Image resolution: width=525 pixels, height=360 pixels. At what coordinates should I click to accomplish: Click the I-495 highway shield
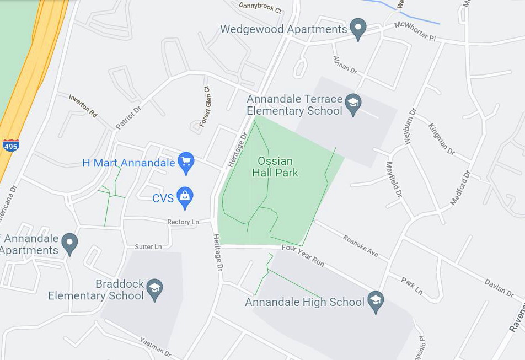click(10, 145)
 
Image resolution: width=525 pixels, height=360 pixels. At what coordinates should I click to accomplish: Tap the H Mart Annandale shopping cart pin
click(186, 163)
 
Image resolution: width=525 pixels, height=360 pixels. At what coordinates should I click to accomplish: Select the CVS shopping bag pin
click(185, 197)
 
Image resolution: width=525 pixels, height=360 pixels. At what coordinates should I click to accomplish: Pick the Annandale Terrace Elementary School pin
click(352, 104)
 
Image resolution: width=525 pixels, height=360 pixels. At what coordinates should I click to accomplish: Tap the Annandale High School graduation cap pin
click(376, 302)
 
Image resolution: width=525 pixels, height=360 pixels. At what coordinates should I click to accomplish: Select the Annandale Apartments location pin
click(69, 243)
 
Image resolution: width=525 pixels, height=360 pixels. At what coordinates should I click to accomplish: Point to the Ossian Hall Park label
click(275, 167)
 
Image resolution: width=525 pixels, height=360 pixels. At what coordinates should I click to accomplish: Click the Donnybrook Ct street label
click(260, 8)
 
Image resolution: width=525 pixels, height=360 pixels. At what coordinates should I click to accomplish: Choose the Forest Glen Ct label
click(205, 106)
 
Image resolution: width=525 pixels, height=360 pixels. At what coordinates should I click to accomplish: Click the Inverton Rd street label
click(83, 105)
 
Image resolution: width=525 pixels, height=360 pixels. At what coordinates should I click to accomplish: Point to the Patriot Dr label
click(128, 117)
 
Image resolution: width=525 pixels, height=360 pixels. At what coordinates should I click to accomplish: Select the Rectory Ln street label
click(183, 222)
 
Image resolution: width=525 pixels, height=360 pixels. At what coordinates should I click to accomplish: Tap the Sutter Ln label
click(148, 246)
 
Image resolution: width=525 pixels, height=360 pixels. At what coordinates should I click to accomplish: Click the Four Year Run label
click(303, 255)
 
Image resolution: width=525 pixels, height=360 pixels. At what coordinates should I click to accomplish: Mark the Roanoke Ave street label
click(360, 246)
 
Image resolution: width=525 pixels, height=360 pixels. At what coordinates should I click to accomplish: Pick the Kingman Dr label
click(441, 138)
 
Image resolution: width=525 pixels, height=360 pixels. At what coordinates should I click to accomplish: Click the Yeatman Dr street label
click(156, 347)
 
